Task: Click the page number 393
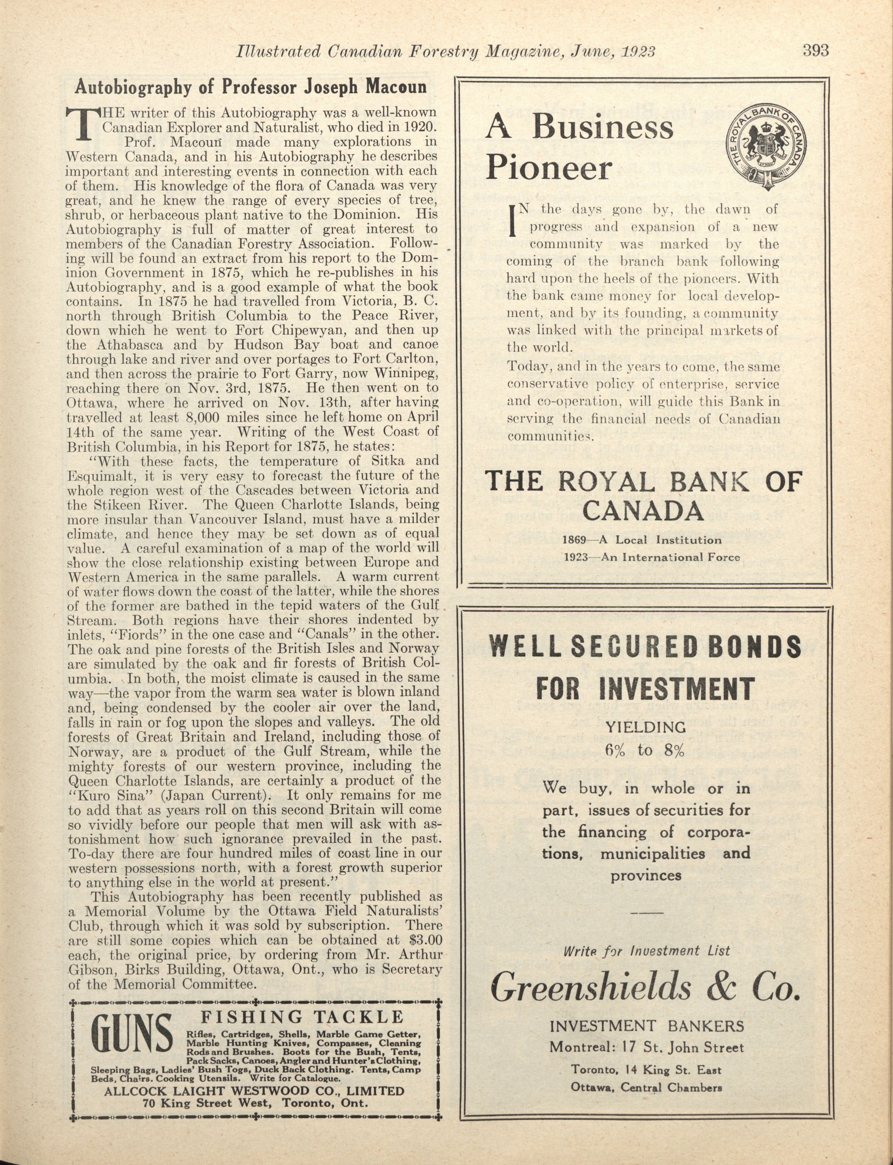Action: pyautogui.click(x=816, y=51)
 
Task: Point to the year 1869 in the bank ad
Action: pyautogui.click(x=574, y=540)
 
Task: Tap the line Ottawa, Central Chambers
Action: pyautogui.click(x=646, y=1087)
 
